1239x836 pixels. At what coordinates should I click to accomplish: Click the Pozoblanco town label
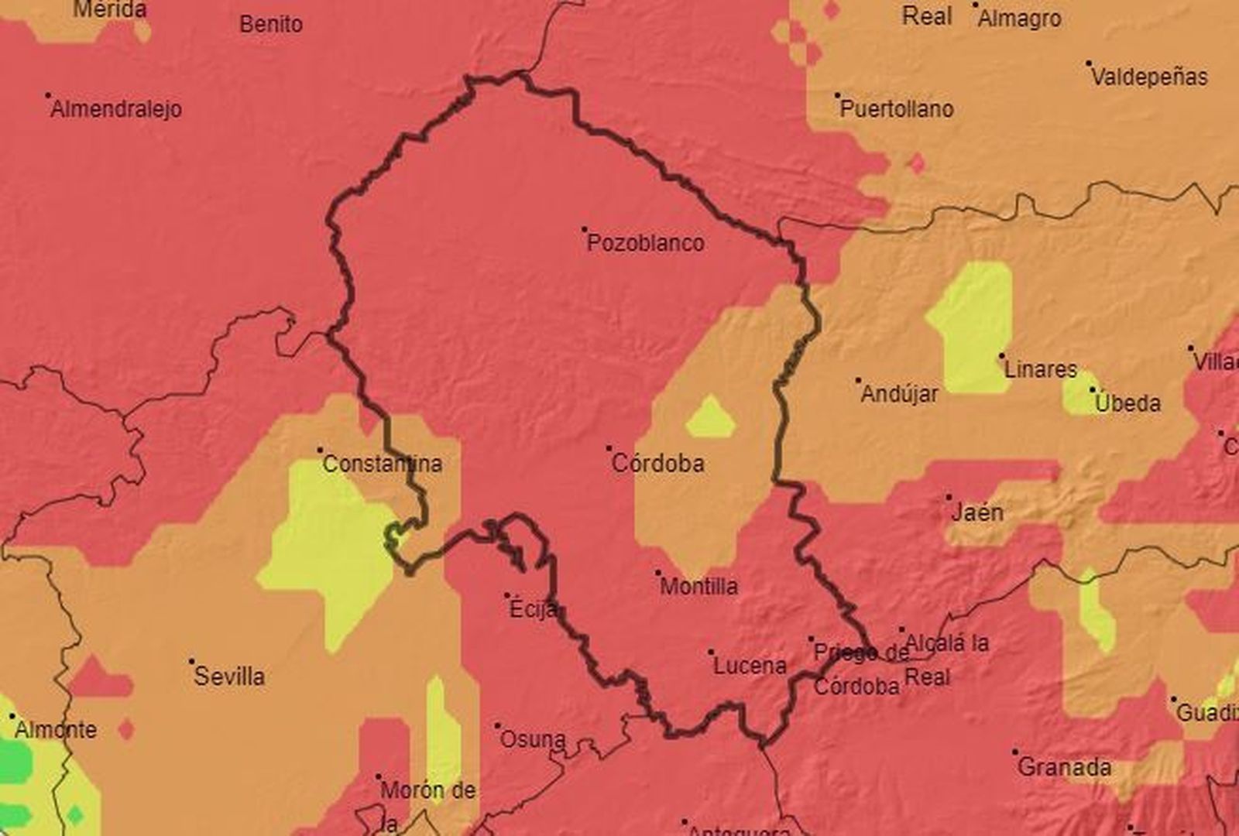tap(645, 243)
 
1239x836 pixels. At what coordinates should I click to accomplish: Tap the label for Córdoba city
tap(657, 464)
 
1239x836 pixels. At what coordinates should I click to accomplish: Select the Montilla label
tap(698, 587)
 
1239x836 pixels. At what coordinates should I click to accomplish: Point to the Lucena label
tap(749, 666)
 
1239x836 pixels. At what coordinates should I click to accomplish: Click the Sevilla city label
tap(229, 677)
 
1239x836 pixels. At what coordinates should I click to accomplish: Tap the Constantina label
tap(382, 464)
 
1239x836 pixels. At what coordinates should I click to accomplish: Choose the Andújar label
tap(899, 395)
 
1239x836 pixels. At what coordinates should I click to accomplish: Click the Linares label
tap(1040, 369)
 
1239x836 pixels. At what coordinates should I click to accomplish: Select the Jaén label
tap(976, 512)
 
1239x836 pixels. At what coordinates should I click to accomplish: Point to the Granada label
tap(1064, 768)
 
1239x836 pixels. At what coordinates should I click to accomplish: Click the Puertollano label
tap(896, 109)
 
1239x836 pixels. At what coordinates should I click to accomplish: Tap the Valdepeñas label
tap(1149, 77)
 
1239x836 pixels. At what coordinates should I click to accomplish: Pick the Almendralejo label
tap(116, 109)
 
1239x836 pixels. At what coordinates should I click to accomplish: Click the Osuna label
tap(532, 740)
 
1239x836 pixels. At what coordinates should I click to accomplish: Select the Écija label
tap(533, 610)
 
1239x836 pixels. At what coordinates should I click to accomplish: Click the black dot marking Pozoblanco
tap(585, 229)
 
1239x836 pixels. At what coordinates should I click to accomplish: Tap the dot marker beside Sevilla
tap(191, 662)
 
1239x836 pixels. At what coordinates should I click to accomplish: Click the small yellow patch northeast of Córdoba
tap(710, 419)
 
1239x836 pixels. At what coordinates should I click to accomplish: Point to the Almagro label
tap(1019, 19)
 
